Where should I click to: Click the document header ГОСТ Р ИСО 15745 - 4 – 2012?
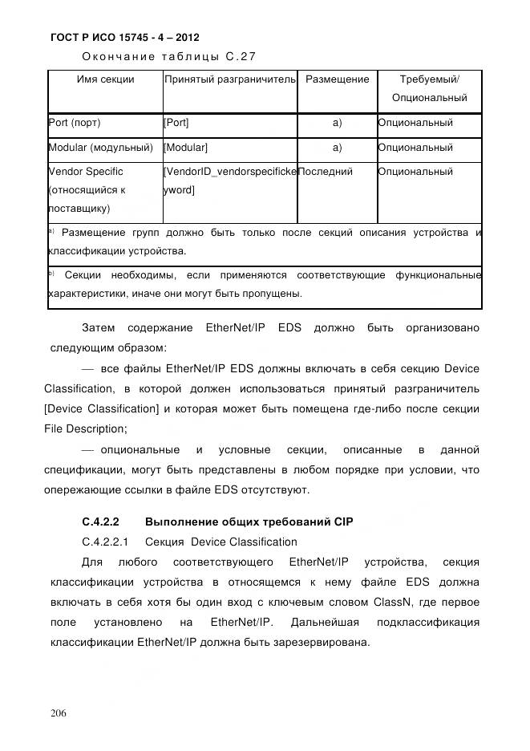tap(124, 37)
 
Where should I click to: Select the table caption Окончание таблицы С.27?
tap(168, 56)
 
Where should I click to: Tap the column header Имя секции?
tap(105, 79)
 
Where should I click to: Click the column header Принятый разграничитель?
tap(229, 79)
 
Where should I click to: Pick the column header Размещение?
tap(337, 79)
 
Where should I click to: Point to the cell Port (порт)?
tap(75, 124)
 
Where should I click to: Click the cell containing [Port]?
tap(176, 124)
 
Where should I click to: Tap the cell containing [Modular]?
tap(185, 148)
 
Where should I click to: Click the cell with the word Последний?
tap(326, 172)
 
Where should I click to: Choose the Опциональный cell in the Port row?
tap(415, 124)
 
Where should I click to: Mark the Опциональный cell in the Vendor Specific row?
tap(415, 172)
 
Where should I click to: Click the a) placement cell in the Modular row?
tap(337, 148)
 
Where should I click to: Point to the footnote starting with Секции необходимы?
tap(265, 284)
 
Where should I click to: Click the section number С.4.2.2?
tap(100, 522)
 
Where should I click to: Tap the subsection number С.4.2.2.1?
tap(107, 542)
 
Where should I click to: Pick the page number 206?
tap(58, 713)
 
